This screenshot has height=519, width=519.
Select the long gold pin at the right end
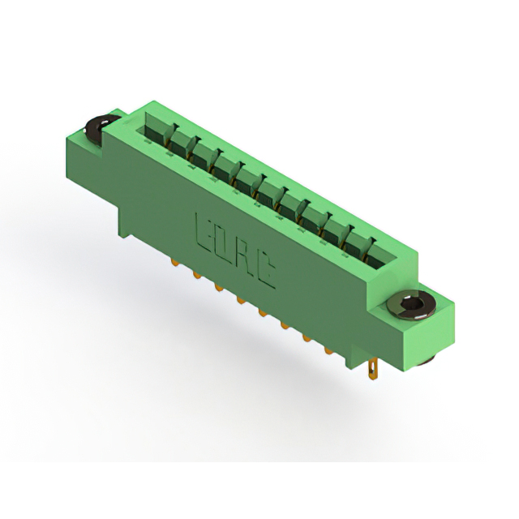[x=373, y=371]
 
